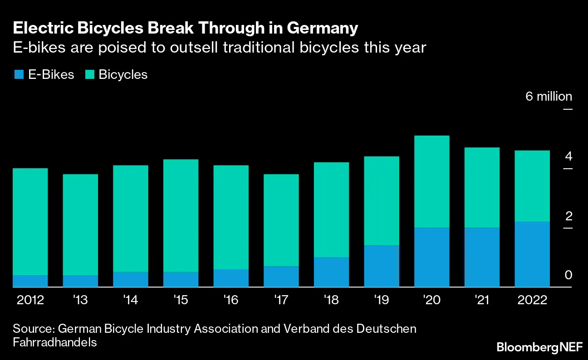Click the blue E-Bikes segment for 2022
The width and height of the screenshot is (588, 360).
click(x=532, y=254)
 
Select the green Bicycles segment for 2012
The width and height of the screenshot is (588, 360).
click(x=30, y=222)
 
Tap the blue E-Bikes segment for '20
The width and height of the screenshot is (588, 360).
click(x=431, y=257)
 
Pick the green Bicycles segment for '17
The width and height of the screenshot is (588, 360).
click(x=281, y=220)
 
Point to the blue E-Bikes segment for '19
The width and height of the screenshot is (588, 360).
click(x=382, y=266)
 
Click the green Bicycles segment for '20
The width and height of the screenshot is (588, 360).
click(x=431, y=181)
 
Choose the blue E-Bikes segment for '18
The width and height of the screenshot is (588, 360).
click(x=331, y=272)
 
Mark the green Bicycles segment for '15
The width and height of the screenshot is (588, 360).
click(x=181, y=216)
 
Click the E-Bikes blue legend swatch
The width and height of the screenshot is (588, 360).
click(x=19, y=75)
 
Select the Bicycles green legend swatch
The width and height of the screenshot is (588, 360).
click(x=89, y=75)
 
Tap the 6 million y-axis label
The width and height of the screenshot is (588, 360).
click(x=549, y=97)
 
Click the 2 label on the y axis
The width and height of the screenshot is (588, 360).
click(x=568, y=216)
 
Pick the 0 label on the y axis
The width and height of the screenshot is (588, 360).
click(x=568, y=275)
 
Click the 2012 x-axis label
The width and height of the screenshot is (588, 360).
click(x=30, y=301)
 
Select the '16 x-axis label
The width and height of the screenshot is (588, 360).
click(x=231, y=301)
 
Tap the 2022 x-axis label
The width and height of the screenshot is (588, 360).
click(x=532, y=301)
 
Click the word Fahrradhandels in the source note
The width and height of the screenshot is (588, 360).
click(x=55, y=342)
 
